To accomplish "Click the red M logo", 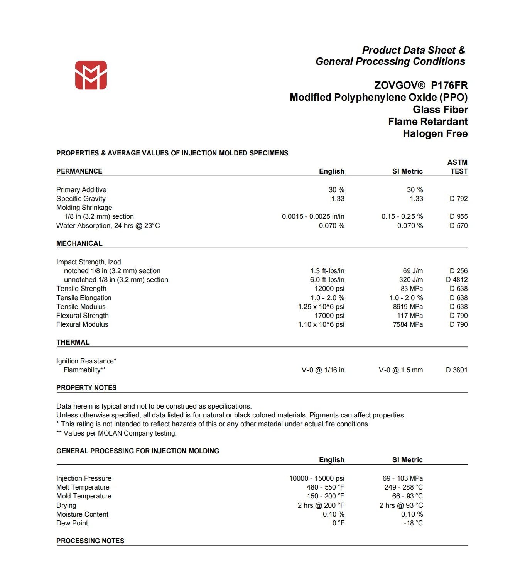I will point(91,75).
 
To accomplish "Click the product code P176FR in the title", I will point(449,85).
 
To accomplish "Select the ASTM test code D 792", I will point(458,199).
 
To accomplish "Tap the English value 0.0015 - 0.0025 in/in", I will point(313,216).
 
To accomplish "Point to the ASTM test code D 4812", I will point(457,280).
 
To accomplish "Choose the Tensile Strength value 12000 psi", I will point(329,289).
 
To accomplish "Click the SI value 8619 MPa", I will point(408,307).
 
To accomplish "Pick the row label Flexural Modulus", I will point(82,324).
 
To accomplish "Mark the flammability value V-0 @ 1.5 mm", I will point(400,370).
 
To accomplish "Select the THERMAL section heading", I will point(73,342).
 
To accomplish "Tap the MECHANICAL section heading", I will point(79,243).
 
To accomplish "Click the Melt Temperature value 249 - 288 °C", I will point(404,487).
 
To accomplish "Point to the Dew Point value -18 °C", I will point(413,523).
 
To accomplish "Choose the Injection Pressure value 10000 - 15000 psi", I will point(317,478).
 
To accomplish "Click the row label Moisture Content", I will point(82,514).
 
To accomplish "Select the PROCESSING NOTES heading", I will point(90,541).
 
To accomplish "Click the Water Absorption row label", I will point(108,226).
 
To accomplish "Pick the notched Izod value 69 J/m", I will point(412,271).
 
